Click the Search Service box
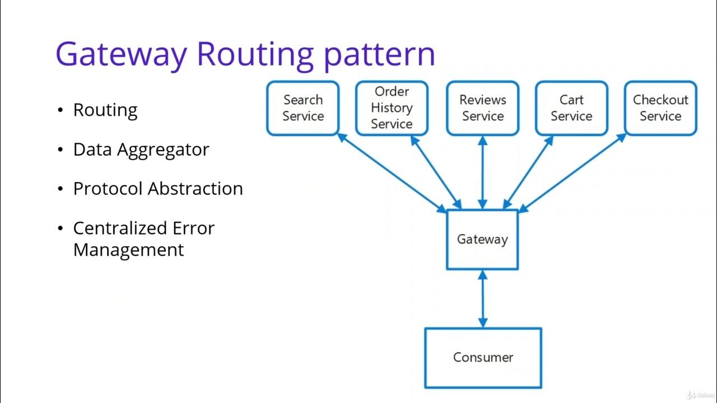pyautogui.click(x=302, y=108)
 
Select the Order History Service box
pyautogui.click(x=392, y=108)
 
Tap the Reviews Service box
pyautogui.click(x=482, y=108)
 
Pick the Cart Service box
pyautogui.click(x=571, y=108)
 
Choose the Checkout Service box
pyautogui.click(x=660, y=108)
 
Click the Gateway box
pyautogui.click(x=482, y=240)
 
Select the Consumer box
pyautogui.click(x=483, y=358)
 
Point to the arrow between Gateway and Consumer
pyautogui.click(x=483, y=299)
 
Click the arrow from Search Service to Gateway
pyautogui.click(x=392, y=173)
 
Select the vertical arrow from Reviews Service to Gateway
pyautogui.click(x=482, y=172)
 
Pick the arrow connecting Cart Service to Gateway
pyautogui.click(x=528, y=172)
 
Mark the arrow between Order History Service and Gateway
pyautogui.click(x=436, y=172)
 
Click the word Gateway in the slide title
pyautogui.click(x=121, y=54)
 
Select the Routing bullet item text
pyautogui.click(x=105, y=110)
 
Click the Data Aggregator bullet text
pyautogui.click(x=141, y=149)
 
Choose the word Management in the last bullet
pyautogui.click(x=128, y=249)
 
